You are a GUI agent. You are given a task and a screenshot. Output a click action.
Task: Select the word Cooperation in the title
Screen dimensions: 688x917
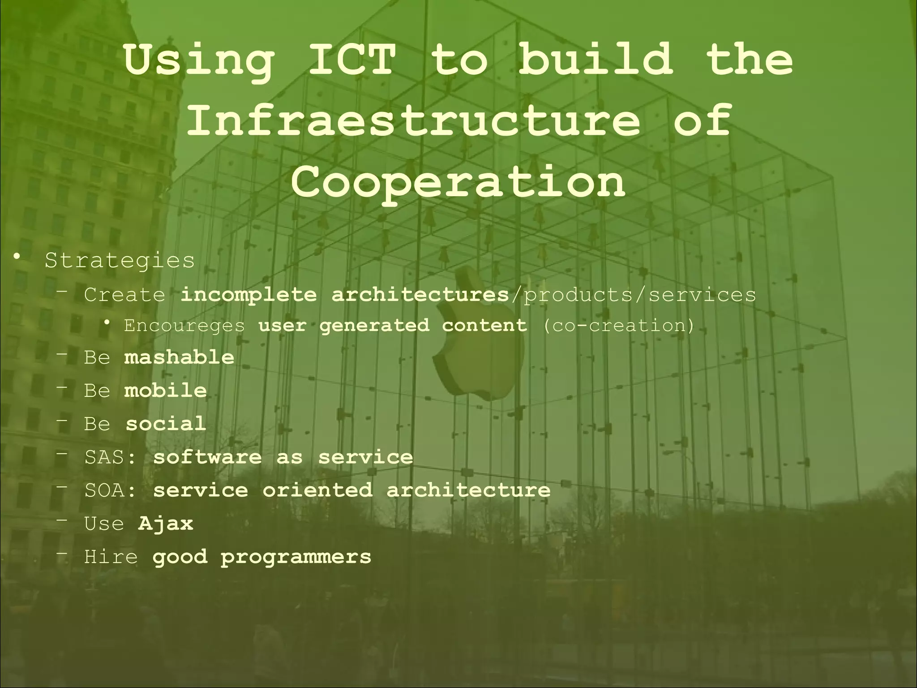click(x=458, y=181)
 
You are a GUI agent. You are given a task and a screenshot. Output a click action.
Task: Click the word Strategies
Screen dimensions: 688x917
click(x=120, y=260)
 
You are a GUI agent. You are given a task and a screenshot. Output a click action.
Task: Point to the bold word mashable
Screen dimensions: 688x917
click(x=179, y=357)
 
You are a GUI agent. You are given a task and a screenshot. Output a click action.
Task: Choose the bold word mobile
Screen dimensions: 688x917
click(x=165, y=390)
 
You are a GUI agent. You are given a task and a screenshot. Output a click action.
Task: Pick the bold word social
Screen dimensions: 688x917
click(x=166, y=423)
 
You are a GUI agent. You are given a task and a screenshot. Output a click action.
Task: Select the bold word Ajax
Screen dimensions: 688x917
click(x=166, y=523)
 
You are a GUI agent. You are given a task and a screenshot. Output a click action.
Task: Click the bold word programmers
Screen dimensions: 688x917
click(x=296, y=557)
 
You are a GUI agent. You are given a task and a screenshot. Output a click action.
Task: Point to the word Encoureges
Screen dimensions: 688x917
click(x=184, y=326)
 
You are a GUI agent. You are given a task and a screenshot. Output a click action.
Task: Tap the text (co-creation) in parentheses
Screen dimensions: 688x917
click(x=618, y=326)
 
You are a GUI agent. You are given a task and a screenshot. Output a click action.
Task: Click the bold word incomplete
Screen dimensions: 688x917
click(x=248, y=295)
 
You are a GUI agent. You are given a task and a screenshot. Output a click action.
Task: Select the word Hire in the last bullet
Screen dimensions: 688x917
click(x=111, y=557)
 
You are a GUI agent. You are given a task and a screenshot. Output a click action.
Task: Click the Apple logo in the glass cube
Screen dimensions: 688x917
click(x=479, y=340)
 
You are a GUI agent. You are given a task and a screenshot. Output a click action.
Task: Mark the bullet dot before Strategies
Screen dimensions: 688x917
click(x=17, y=257)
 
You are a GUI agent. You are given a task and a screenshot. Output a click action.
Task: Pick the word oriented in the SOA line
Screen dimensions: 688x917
click(x=317, y=490)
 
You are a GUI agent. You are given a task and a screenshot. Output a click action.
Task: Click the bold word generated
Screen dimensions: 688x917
click(x=374, y=326)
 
